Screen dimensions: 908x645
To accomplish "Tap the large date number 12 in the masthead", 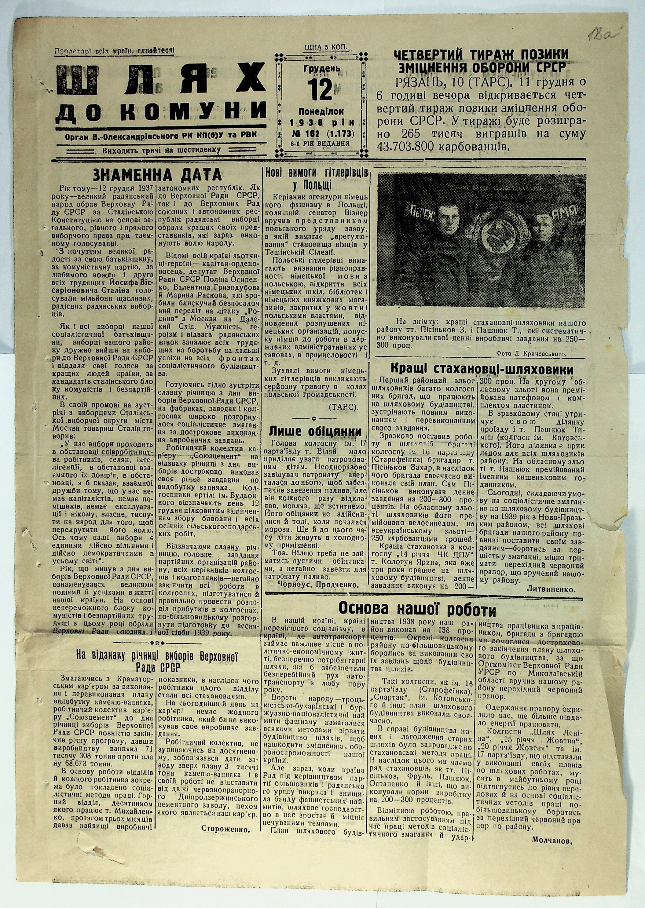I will coord(321,90).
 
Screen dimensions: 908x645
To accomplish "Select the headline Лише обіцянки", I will coord(316,432).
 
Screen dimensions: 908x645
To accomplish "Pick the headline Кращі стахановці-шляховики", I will coord(482,370).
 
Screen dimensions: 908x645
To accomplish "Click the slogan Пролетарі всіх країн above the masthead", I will coord(114,50).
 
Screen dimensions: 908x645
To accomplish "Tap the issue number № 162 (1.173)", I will coord(322,133).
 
